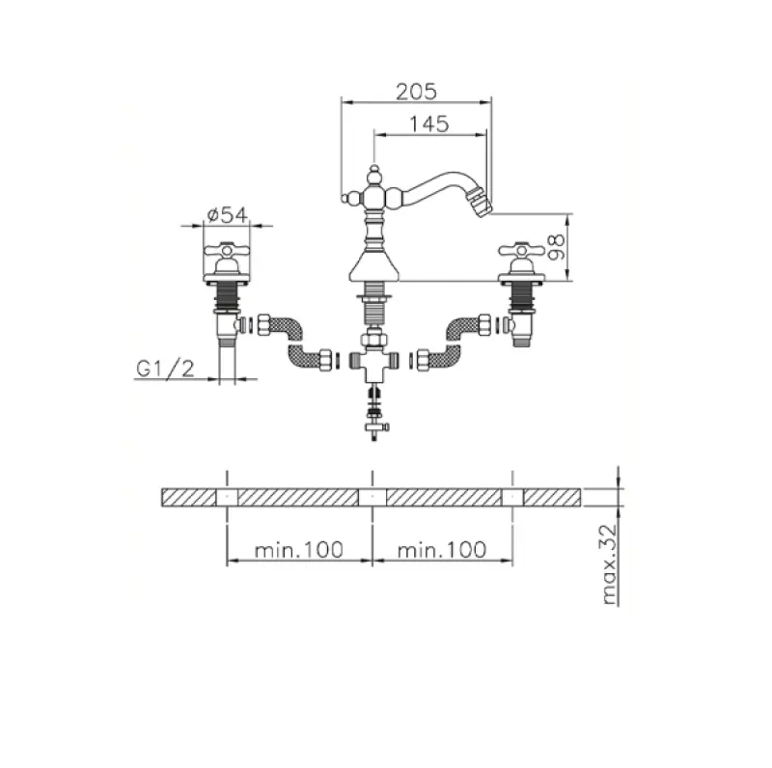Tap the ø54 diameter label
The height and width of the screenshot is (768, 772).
tap(227, 214)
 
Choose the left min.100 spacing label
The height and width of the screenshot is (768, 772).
tap(299, 550)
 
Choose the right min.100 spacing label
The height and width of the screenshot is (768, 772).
tap(441, 550)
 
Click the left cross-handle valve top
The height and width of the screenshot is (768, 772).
tap(227, 252)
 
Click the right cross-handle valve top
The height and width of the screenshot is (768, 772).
tap(522, 252)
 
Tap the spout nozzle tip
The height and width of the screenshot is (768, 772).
tap(486, 205)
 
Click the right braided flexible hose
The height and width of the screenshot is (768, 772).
tap(452, 341)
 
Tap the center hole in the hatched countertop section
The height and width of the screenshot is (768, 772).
tap(372, 497)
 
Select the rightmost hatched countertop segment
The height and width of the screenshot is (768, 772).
tap(552, 497)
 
